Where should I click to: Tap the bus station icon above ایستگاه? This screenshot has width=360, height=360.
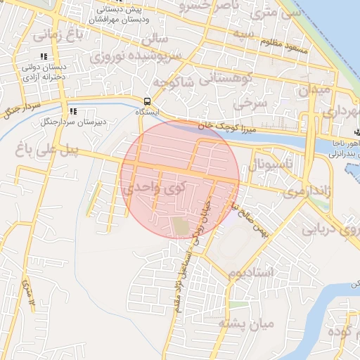click(147, 101)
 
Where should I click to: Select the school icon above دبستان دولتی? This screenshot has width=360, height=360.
click(44, 56)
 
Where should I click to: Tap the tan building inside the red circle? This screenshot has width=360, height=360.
click(181, 226)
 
